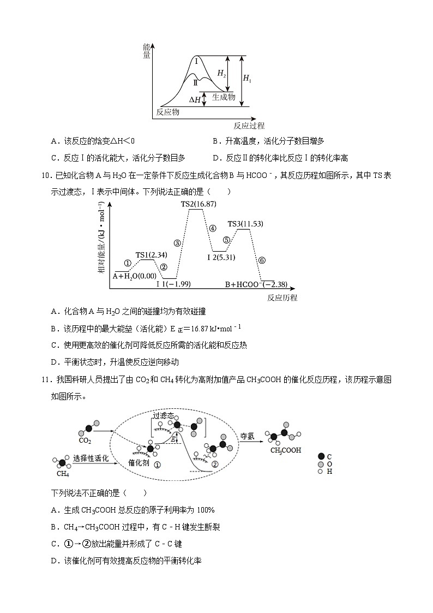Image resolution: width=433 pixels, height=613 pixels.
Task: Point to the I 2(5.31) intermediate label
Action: [221, 257]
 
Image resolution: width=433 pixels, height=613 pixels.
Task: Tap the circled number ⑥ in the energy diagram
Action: [262, 260]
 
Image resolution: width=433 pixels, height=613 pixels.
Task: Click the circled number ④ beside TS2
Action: [213, 228]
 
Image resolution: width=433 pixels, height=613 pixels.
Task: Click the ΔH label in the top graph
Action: [195, 100]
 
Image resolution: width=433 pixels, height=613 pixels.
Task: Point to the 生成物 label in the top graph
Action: [223, 97]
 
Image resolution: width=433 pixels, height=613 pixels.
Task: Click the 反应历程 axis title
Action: [282, 298]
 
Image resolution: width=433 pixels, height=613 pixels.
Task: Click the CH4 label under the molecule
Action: [62, 473]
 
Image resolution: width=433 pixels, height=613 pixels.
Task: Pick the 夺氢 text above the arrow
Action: [248, 436]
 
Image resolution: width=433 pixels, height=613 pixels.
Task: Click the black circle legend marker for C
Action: [321, 456]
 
